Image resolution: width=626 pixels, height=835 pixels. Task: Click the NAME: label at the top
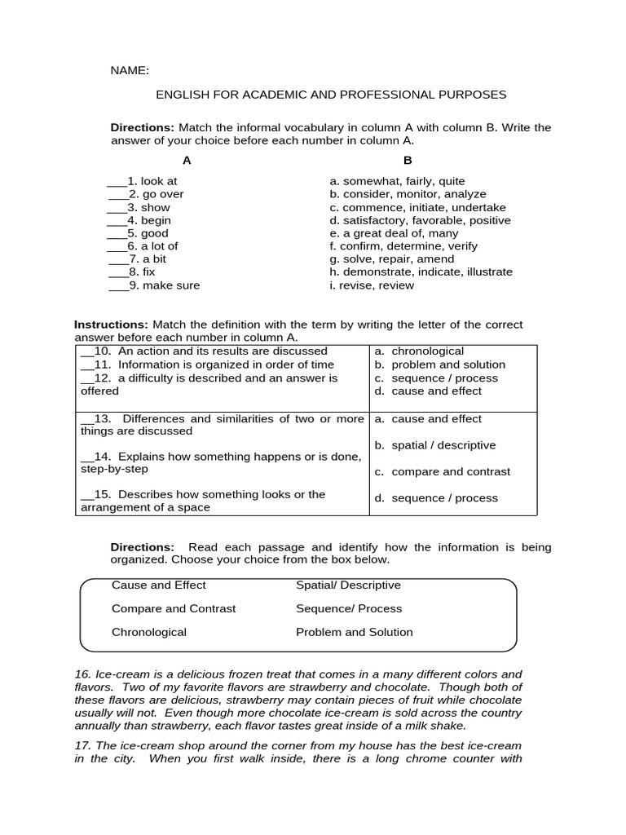click(130, 71)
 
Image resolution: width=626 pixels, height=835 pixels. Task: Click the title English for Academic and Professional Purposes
click(331, 95)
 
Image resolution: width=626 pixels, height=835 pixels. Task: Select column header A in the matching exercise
click(187, 160)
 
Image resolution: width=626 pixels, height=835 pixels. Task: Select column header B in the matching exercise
click(408, 160)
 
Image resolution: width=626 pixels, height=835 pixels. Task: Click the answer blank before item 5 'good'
click(117, 234)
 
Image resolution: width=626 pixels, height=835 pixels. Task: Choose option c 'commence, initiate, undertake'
click(417, 207)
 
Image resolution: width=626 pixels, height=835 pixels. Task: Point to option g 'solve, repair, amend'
click(392, 259)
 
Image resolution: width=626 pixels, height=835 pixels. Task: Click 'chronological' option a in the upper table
click(427, 351)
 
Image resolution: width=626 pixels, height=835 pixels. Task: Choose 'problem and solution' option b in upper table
click(447, 364)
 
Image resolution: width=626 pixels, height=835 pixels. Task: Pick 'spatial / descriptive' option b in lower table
click(443, 445)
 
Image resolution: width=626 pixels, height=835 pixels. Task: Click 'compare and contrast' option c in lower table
click(450, 471)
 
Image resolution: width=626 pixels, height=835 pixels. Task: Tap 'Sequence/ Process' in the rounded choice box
click(349, 608)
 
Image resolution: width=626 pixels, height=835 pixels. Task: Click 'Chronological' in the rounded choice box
click(149, 632)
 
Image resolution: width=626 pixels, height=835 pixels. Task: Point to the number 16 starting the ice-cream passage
click(82, 674)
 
